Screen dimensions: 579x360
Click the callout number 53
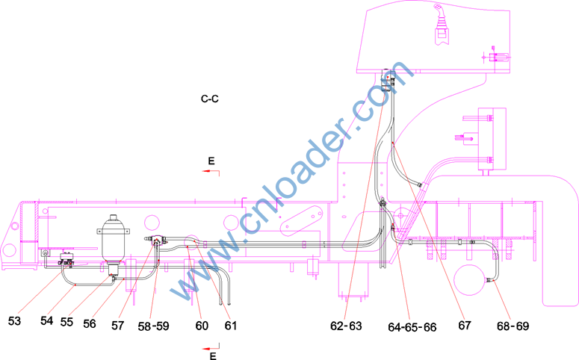tap(14, 321)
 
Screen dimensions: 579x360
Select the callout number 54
tap(47, 320)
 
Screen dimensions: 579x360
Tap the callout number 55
tap(66, 322)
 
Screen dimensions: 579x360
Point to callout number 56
tap(90, 324)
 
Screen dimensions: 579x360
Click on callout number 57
tap(118, 326)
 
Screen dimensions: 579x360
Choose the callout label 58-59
tap(154, 326)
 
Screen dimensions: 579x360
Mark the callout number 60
tap(202, 326)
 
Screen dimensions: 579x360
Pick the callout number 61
tap(231, 326)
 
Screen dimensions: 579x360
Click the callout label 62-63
tap(346, 326)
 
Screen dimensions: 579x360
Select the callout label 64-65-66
tap(412, 327)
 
